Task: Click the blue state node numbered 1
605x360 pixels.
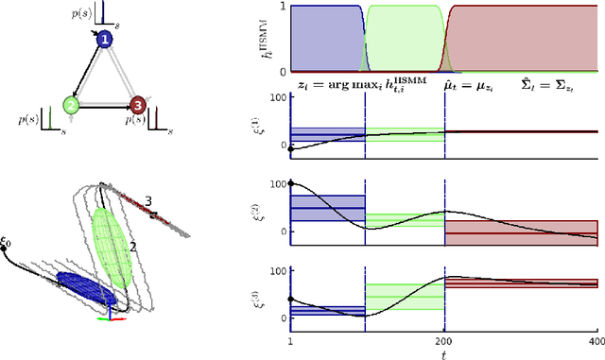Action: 105,39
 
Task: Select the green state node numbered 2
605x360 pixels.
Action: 71,105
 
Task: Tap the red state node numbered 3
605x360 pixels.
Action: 138,105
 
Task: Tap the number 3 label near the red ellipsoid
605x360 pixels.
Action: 148,200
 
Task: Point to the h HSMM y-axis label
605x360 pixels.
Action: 268,38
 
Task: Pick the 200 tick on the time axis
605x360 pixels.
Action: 444,339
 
